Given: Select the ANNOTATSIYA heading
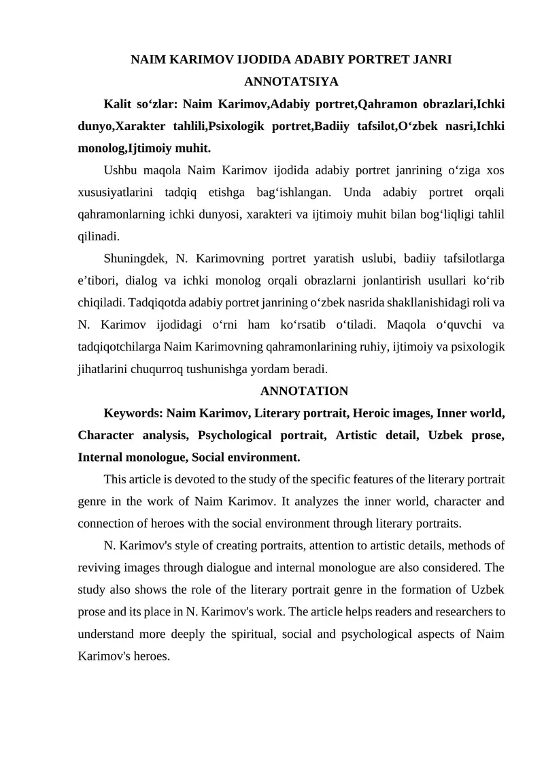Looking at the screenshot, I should tap(291, 82).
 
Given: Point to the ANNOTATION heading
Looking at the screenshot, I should tap(304, 391).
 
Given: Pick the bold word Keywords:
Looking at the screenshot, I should tap(133, 413).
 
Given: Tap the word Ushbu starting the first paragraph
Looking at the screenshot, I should tap(120, 170).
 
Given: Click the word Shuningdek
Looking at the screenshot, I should tap(136, 258).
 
